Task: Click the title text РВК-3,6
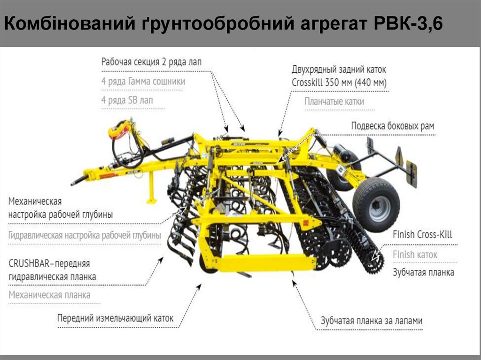point(408,23)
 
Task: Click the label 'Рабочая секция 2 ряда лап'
point(151,62)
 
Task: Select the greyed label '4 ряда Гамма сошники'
point(143,81)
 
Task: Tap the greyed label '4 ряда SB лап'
point(127,100)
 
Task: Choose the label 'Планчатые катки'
point(334,101)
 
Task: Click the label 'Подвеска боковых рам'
point(393,126)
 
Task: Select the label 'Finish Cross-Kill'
point(422,235)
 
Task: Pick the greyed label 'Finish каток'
point(415,254)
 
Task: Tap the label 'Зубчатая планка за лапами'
point(372,321)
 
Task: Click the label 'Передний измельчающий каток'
point(116,318)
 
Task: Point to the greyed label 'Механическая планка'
point(49,295)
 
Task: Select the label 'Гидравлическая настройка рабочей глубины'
point(85,236)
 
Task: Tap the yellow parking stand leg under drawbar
point(152,188)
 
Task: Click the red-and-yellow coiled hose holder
point(119,130)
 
